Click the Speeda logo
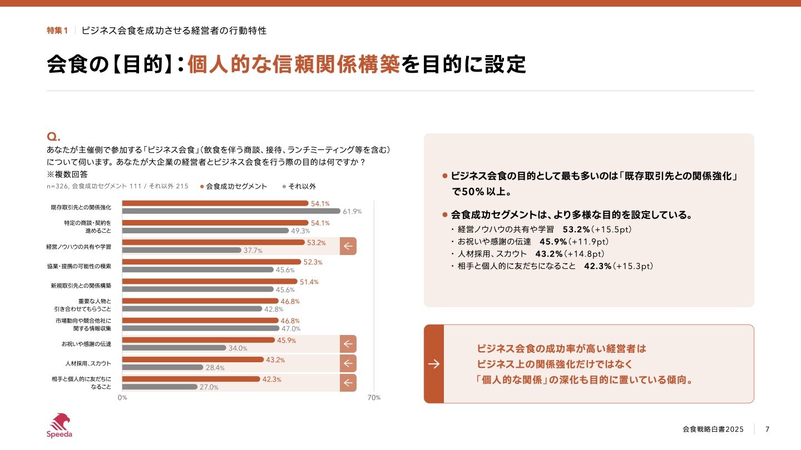click(x=59, y=426)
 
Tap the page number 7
click(x=768, y=429)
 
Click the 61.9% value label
click(x=352, y=212)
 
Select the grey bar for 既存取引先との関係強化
click(x=231, y=211)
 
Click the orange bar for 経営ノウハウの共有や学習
click(x=213, y=242)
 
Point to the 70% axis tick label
click(x=374, y=398)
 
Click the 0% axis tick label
click(x=122, y=398)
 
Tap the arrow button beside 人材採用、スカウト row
click(x=348, y=363)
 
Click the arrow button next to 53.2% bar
click(x=348, y=246)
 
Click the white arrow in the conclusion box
click(x=434, y=364)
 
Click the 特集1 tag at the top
click(x=57, y=31)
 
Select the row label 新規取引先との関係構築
click(x=81, y=286)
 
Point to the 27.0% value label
click(x=209, y=387)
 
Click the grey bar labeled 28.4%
click(x=162, y=367)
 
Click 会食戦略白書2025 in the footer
click(x=713, y=429)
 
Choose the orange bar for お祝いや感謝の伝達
click(x=198, y=340)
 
